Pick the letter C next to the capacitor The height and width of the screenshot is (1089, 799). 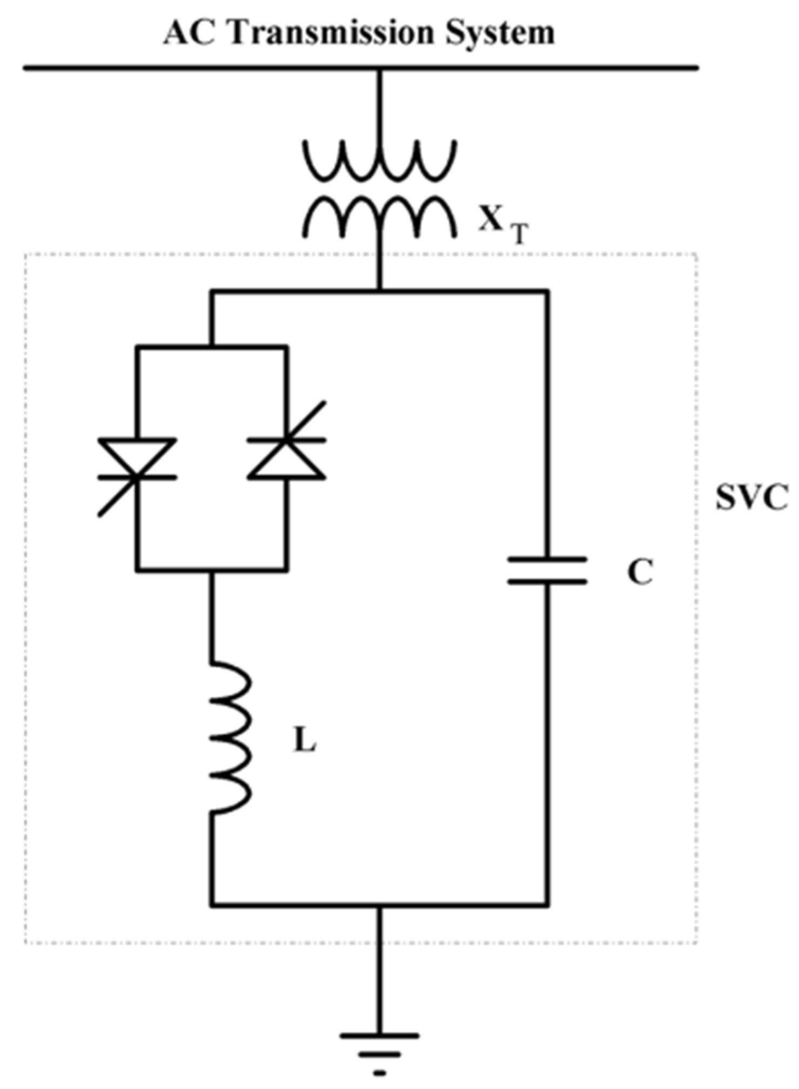pos(640,573)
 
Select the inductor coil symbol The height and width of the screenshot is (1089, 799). pos(230,737)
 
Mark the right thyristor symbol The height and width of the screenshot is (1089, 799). pos(287,459)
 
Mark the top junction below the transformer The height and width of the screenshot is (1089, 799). pos(379,292)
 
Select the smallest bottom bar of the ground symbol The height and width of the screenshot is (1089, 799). pos(380,1073)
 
